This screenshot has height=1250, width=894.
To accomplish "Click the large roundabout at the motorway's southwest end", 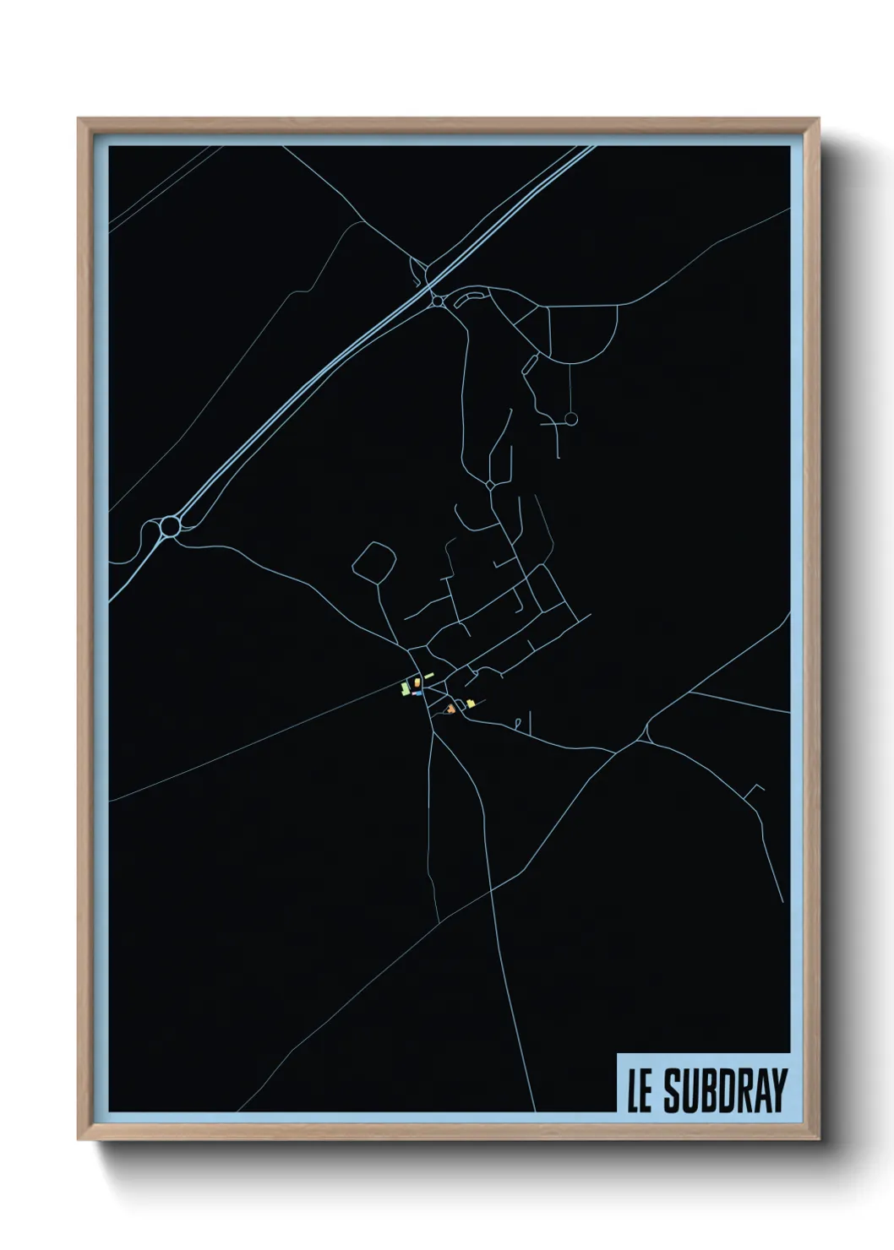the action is point(170,525).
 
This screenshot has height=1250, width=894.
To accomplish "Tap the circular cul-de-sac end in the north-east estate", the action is point(570,418).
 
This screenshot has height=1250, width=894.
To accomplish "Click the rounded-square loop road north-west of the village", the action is point(373,561).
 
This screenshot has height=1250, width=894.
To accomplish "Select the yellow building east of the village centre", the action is point(470,703).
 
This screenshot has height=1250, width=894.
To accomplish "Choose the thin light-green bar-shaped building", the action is point(428,676).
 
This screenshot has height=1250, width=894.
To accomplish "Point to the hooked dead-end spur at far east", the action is point(754,791).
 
